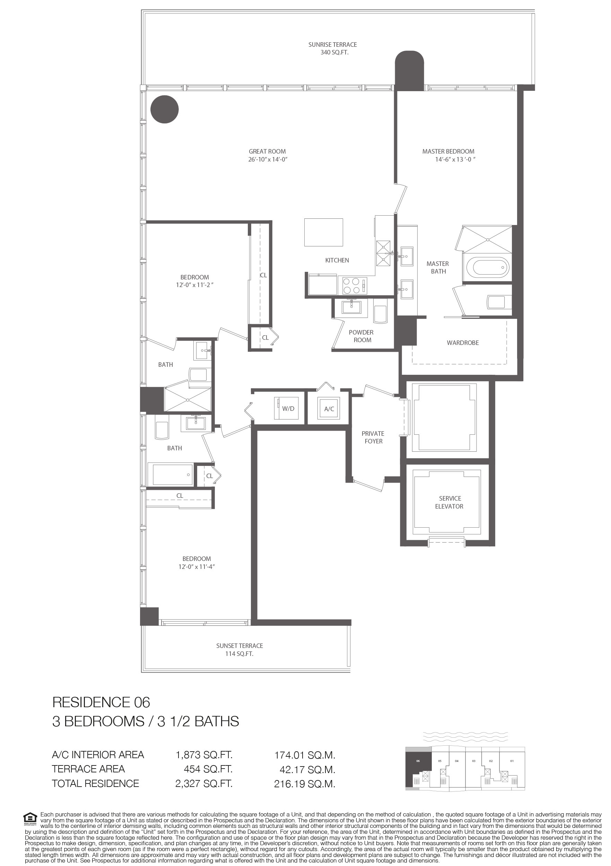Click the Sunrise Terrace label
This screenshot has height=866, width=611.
click(332, 44)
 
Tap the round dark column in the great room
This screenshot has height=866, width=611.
click(164, 110)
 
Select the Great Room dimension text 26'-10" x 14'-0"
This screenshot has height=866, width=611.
click(268, 159)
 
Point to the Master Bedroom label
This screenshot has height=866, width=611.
click(448, 151)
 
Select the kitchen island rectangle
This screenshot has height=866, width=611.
click(324, 233)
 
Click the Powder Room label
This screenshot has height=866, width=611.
click(361, 336)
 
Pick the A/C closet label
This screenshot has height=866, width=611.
click(329, 409)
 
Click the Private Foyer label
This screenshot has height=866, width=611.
click(373, 438)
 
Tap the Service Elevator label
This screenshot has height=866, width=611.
click(449, 502)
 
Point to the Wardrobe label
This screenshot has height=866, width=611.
click(463, 343)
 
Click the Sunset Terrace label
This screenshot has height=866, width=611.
click(239, 646)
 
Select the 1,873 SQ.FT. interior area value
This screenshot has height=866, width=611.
click(204, 755)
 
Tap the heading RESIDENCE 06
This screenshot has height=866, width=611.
click(101, 702)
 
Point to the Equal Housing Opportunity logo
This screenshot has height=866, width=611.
click(30, 818)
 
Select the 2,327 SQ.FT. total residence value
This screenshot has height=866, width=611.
click(204, 784)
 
